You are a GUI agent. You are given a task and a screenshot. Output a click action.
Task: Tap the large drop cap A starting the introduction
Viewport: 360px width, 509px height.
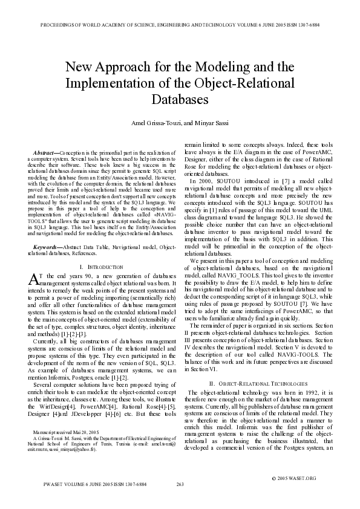(34, 278)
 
